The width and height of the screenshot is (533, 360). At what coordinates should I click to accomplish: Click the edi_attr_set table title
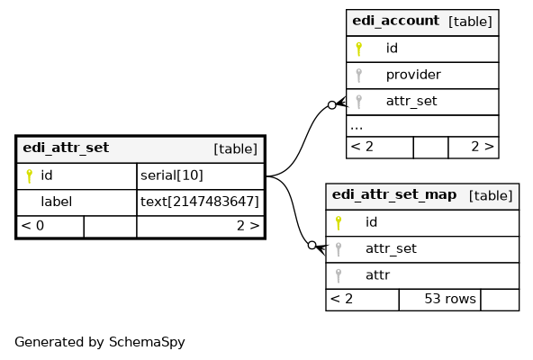tap(66, 148)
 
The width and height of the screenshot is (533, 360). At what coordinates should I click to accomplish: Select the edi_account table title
tap(395, 21)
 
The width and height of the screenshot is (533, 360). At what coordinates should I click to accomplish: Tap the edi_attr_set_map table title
tap(394, 194)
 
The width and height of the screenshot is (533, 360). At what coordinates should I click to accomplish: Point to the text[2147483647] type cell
tap(200, 202)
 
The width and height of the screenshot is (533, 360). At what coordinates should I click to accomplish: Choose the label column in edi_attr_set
tap(56, 202)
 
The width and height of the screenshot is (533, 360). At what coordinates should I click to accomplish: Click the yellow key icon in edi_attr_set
tap(29, 176)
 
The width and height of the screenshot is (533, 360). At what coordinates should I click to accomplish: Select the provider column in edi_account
tap(413, 75)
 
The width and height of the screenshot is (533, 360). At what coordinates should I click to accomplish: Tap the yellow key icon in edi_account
tap(358, 49)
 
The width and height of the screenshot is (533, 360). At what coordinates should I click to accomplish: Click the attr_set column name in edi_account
tap(411, 102)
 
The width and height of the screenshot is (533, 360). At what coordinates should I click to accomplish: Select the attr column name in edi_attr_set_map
tap(377, 275)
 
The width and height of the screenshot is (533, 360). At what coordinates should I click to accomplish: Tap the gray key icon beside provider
tap(358, 76)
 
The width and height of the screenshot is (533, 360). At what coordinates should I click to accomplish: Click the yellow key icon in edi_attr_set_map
tap(339, 223)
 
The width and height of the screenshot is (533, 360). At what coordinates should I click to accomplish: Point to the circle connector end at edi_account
tap(332, 105)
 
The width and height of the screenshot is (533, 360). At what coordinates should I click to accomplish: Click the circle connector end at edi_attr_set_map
tap(312, 245)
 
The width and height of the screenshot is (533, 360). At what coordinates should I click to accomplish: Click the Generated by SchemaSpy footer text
tap(100, 342)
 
